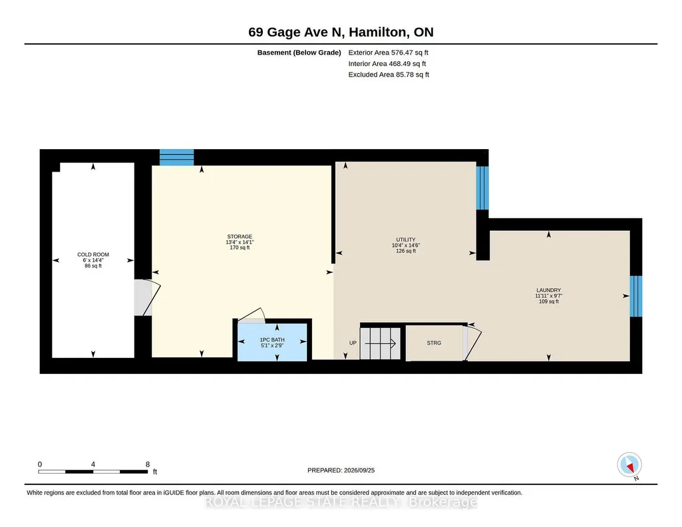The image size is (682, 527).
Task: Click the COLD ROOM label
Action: tap(93, 255)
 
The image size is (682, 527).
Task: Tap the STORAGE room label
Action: tap(240, 236)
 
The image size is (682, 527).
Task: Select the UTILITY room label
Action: tap(406, 240)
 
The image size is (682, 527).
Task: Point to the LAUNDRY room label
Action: tap(548, 290)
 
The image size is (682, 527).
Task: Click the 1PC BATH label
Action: tap(272, 339)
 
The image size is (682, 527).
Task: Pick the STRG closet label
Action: tap(434, 343)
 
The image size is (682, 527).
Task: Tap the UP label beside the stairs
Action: tap(353, 343)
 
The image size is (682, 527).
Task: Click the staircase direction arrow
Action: tap(380, 343)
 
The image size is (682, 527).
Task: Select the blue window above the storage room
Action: tap(176, 158)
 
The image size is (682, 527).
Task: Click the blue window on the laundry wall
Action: tap(636, 296)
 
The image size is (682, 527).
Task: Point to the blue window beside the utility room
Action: tap(482, 188)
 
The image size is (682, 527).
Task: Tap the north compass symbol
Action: tap(629, 465)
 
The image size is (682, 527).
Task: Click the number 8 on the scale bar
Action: tap(148, 464)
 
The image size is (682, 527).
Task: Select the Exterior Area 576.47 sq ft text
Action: tap(389, 53)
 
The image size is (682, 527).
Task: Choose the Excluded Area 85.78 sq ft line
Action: tap(389, 75)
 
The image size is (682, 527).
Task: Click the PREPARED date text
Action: tap(341, 470)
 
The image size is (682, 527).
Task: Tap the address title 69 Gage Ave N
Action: tap(296, 32)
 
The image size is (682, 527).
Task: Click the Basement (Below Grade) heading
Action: tap(299, 53)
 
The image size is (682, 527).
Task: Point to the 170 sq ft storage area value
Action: tap(240, 248)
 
